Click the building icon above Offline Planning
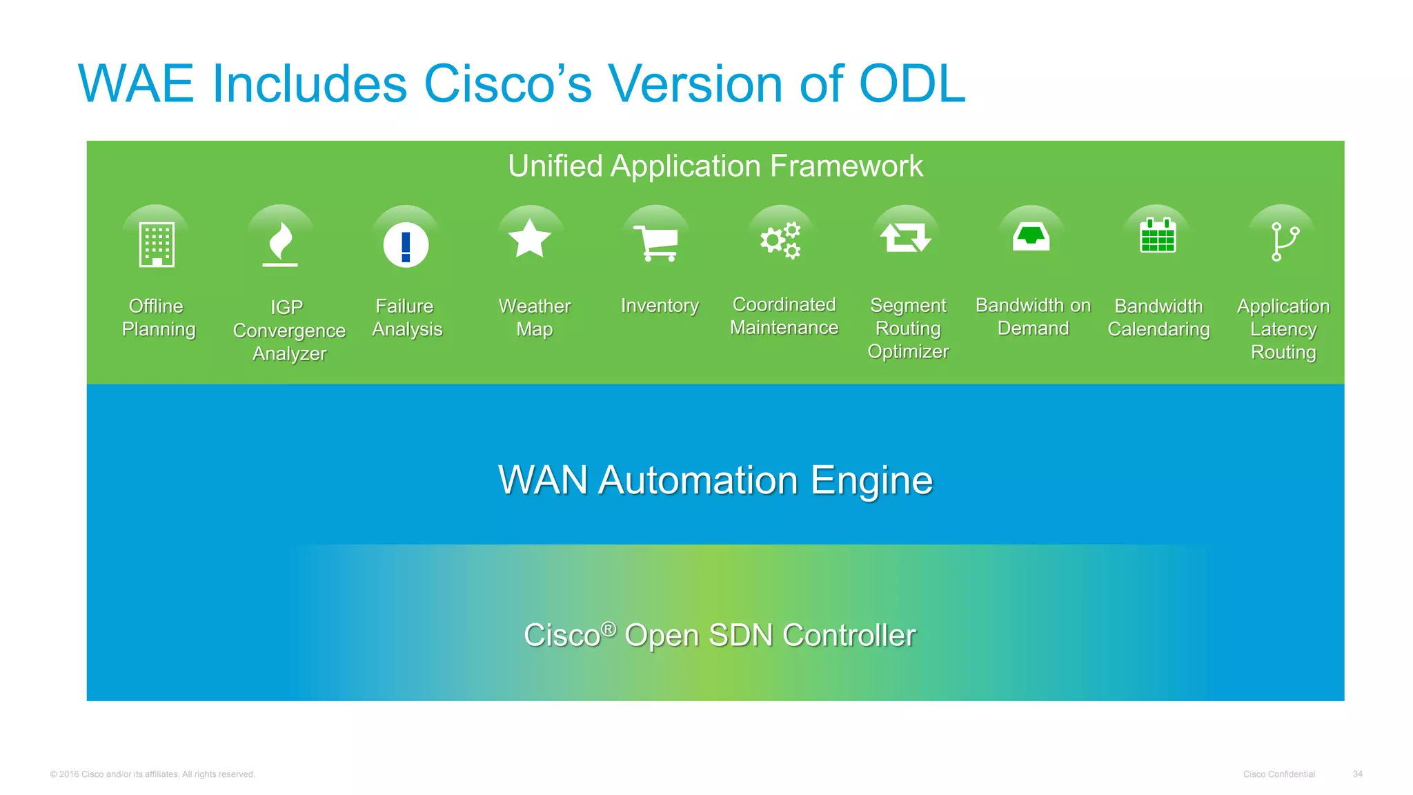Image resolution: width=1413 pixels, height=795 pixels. (157, 244)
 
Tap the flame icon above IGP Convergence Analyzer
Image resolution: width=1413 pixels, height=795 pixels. (280, 244)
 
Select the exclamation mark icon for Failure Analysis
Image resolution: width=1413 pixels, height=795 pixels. (406, 245)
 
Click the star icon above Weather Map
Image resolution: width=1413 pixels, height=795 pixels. (530, 239)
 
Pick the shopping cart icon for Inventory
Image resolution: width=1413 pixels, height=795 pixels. (656, 243)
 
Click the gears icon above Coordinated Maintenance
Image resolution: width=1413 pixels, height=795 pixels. (780, 240)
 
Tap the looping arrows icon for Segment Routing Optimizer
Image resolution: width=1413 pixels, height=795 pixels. (906, 238)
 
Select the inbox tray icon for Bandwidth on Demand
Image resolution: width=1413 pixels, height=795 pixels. (1031, 237)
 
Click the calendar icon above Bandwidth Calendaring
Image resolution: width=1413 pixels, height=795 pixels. (1157, 236)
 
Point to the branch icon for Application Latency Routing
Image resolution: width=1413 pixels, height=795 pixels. (1283, 242)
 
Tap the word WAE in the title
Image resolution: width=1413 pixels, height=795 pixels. (137, 84)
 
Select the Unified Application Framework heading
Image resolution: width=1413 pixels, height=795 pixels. (715, 166)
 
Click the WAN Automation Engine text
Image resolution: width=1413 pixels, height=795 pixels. (715, 480)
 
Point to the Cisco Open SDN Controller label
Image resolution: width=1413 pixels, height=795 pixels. (720, 636)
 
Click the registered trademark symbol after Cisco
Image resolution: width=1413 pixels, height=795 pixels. (608, 629)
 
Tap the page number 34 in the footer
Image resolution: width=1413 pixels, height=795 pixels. (1357, 774)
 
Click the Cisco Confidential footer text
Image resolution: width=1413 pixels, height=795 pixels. (1278, 774)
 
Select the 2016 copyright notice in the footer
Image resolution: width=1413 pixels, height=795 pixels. (152, 774)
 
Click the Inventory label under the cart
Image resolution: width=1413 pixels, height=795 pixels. (660, 306)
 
